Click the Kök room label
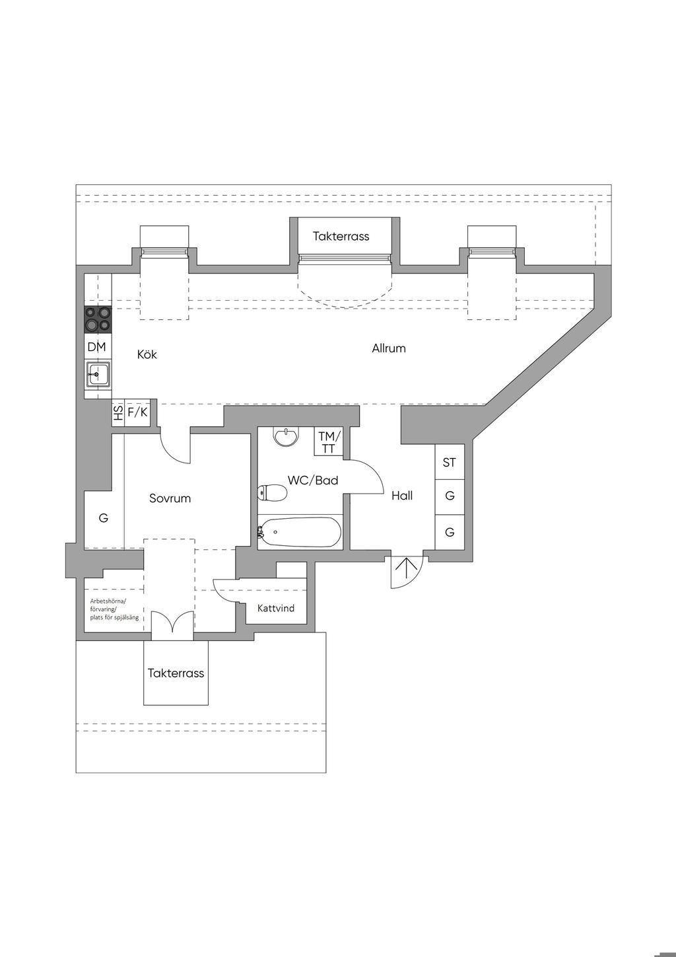[147, 354]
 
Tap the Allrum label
[388, 348]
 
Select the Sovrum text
[170, 498]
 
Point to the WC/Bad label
[313, 480]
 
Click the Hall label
[402, 496]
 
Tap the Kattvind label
[276, 608]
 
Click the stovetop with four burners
[98, 320]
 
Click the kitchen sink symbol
[98, 374]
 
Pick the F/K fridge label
[137, 412]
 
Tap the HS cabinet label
[118, 412]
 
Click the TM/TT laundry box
[329, 442]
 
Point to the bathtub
[300, 532]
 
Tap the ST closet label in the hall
[449, 462]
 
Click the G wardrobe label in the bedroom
[103, 518]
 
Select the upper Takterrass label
[341, 236]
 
